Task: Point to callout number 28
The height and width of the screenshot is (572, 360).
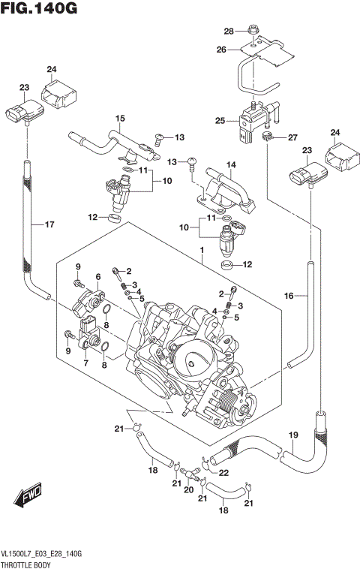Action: [229, 31]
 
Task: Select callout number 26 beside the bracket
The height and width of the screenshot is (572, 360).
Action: [220, 50]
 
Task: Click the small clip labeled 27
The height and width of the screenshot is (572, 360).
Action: [268, 136]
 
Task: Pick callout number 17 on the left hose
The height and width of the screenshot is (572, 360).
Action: [49, 224]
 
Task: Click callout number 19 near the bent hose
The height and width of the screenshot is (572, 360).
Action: [293, 435]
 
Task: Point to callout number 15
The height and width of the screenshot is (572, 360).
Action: [118, 119]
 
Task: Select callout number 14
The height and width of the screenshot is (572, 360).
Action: [231, 164]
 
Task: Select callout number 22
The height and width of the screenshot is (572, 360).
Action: [223, 472]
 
